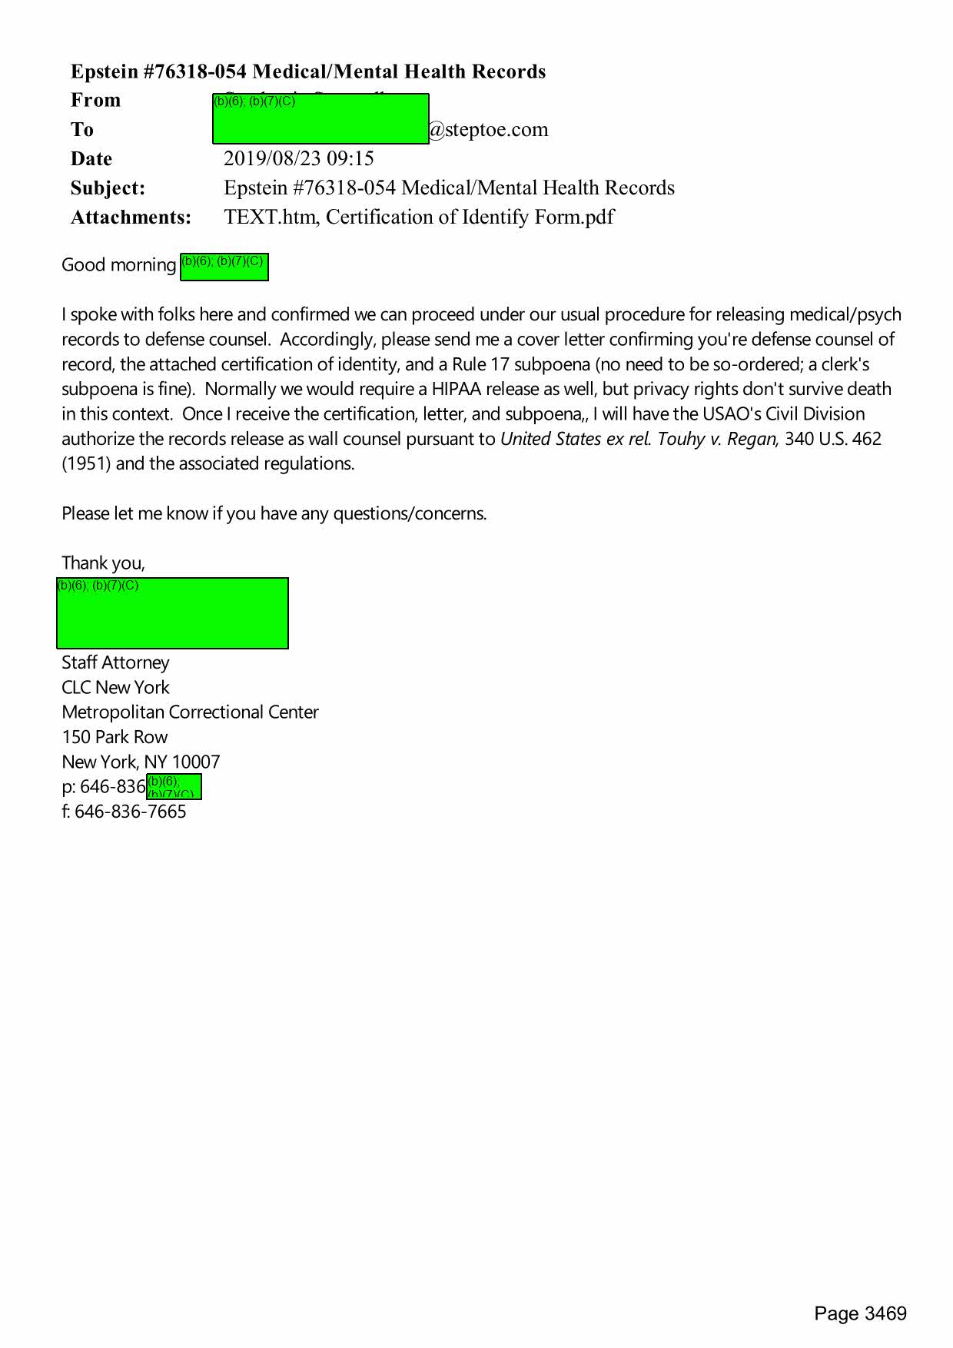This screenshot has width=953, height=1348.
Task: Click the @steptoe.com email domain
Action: click(489, 129)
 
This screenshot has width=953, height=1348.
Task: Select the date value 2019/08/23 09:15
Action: click(299, 158)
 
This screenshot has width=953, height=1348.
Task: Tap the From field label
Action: click(95, 100)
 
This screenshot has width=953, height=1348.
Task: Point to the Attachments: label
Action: click(131, 217)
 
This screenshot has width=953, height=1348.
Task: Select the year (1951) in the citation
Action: click(86, 463)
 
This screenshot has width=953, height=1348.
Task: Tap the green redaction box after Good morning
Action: click(224, 267)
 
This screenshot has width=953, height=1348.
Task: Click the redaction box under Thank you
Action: click(173, 613)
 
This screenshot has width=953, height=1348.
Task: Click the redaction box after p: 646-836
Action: click(174, 787)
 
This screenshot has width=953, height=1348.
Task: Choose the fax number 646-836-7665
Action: click(131, 812)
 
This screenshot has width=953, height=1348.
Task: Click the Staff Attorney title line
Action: click(115, 662)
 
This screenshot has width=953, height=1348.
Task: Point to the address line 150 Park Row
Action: click(115, 737)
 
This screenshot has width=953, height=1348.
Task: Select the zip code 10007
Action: click(196, 762)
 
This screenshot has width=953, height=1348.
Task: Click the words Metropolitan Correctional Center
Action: click(190, 712)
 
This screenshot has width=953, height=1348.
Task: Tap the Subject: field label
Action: click(108, 188)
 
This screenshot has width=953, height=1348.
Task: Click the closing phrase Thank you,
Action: click(103, 563)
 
